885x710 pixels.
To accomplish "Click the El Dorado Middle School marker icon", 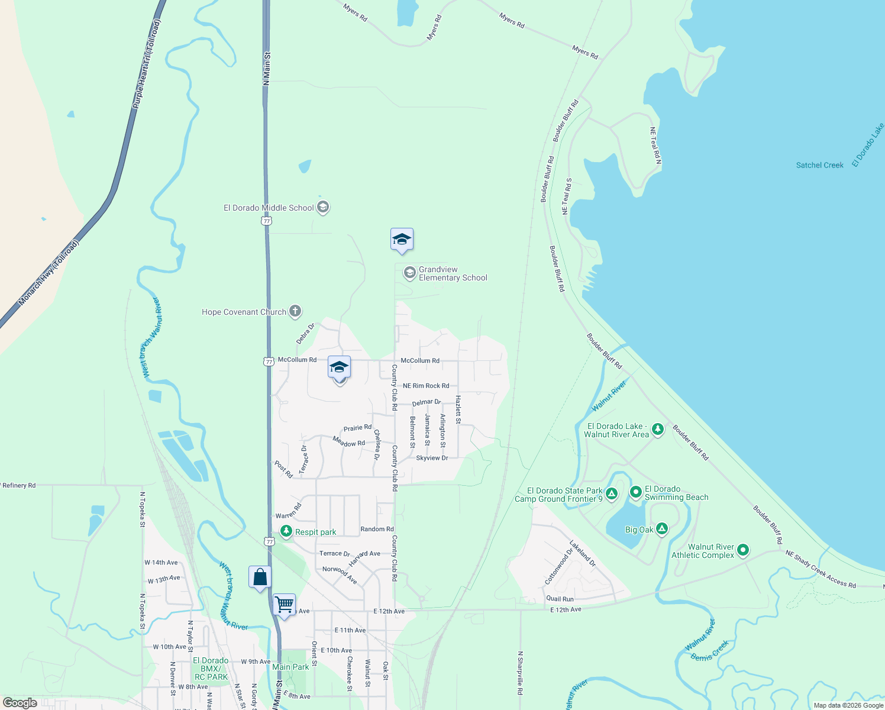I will [x=323, y=208].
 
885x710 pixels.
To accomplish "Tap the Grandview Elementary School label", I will [x=453, y=273].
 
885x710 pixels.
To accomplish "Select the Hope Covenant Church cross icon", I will [x=295, y=312].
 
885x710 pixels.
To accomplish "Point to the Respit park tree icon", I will [x=286, y=532].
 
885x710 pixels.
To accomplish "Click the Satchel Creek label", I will [x=819, y=165].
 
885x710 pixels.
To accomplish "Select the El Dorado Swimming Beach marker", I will [x=636, y=492].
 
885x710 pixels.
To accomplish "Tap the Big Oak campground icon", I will [x=662, y=529].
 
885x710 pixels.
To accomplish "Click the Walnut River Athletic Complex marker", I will [x=743, y=550].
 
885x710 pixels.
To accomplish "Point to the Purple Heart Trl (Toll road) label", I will [x=146, y=64].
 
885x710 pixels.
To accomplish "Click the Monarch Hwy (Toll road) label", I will [x=48, y=273].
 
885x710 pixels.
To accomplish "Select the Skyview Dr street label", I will [x=432, y=458].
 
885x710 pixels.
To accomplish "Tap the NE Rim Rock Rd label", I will [x=426, y=386].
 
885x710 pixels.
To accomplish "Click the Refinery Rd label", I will [x=19, y=485].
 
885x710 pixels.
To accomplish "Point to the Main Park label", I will [x=290, y=667].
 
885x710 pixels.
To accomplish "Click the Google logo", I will [x=20, y=702].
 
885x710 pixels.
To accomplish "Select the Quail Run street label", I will [x=560, y=599].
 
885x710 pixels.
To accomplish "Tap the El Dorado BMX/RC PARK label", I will [x=211, y=669].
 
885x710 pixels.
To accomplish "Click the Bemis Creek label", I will [x=710, y=650].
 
